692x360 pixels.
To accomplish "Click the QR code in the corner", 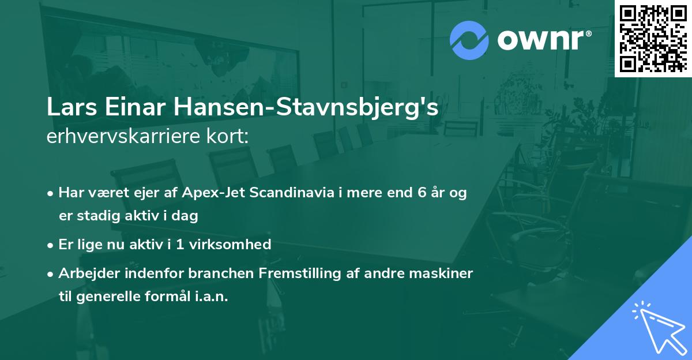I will pos(653,39).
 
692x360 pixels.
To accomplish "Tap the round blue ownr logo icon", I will pos(469,40).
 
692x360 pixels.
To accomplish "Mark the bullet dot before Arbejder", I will pos(51,273).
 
